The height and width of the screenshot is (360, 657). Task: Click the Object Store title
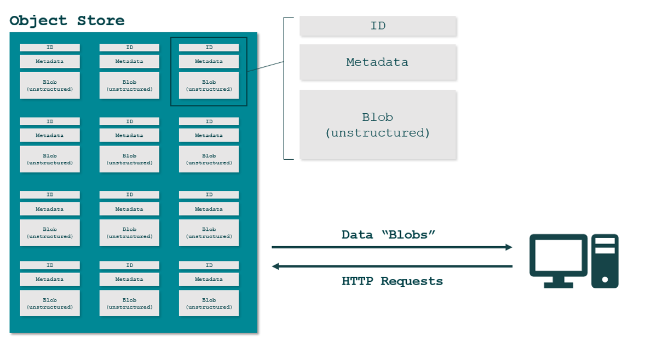click(x=67, y=21)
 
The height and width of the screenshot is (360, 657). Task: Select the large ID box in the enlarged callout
click(x=378, y=26)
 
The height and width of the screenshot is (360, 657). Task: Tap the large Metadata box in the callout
click(x=378, y=62)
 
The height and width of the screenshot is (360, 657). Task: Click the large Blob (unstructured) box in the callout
click(x=378, y=125)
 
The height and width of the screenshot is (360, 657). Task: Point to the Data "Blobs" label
click(x=388, y=235)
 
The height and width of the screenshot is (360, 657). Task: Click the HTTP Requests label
click(x=392, y=281)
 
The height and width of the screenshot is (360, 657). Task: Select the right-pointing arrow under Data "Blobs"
click(x=391, y=247)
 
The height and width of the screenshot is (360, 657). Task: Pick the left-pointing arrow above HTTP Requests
click(x=391, y=266)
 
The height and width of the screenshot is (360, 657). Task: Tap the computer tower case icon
click(x=605, y=261)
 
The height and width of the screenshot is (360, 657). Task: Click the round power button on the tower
click(x=605, y=280)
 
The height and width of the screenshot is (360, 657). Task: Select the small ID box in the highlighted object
click(x=209, y=48)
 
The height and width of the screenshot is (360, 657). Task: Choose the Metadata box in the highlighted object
click(x=209, y=61)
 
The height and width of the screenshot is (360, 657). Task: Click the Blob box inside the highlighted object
click(x=209, y=85)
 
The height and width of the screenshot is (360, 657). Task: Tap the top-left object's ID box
click(x=50, y=48)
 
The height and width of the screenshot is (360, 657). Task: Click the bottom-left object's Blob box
click(x=50, y=303)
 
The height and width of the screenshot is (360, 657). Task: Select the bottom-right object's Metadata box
click(x=209, y=280)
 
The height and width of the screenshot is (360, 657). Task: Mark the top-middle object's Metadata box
click(x=129, y=61)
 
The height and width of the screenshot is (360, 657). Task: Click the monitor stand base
click(x=558, y=284)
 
